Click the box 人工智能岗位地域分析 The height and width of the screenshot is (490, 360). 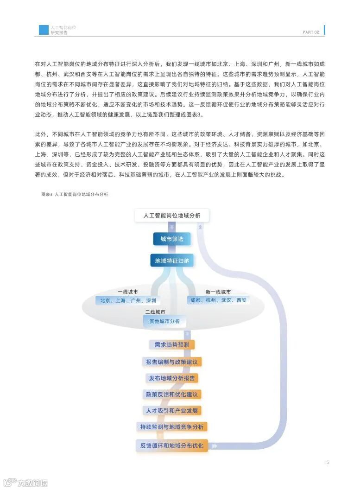point(172,216)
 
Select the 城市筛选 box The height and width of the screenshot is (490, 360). point(172,239)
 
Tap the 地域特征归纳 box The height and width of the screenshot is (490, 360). point(172,261)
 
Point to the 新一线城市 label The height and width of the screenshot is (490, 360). point(218,292)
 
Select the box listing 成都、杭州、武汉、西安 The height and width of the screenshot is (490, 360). point(218,300)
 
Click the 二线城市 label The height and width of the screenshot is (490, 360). point(155,312)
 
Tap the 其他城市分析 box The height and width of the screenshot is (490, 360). point(164,321)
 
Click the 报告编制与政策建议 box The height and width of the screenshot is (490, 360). point(171,362)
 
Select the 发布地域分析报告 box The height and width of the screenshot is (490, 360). point(172,378)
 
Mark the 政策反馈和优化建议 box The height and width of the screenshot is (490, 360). point(172,395)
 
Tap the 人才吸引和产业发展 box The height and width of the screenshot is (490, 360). point(172,411)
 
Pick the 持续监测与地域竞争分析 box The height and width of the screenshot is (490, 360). point(172,427)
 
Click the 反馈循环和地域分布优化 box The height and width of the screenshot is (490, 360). point(172,445)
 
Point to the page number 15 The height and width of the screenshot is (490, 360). point(326,462)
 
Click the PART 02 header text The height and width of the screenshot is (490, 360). point(311,32)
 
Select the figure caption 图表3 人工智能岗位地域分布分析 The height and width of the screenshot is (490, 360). point(75,195)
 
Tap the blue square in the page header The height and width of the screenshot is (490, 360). point(44,30)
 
